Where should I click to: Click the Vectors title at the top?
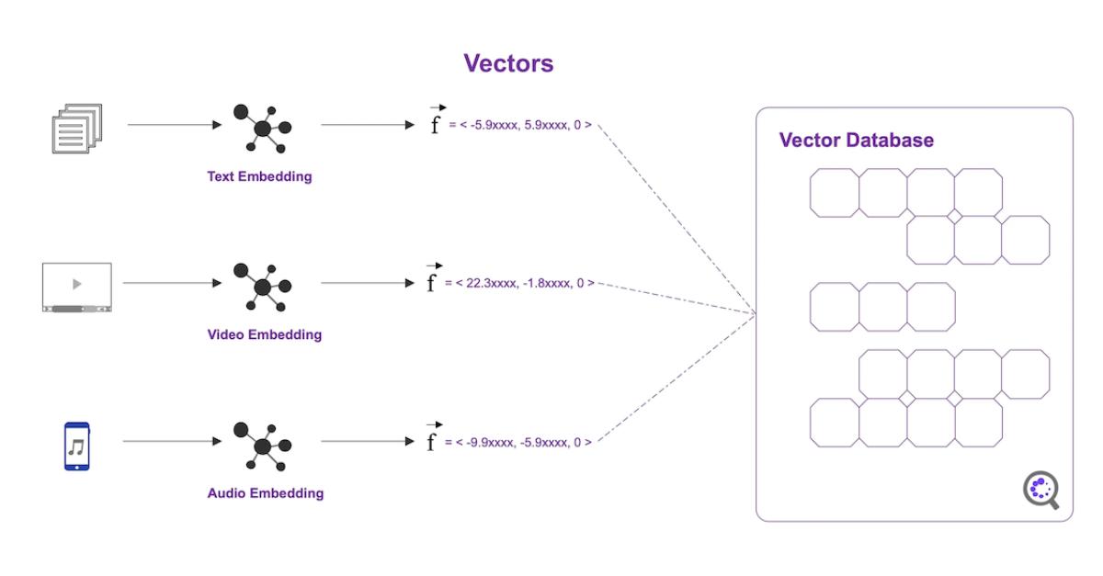point(508,62)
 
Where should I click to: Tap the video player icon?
point(76,287)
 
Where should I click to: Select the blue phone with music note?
point(76,446)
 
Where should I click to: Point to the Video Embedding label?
point(265,334)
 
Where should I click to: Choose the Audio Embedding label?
point(265,493)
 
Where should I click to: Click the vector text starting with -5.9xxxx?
point(519,125)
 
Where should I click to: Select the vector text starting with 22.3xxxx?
point(520,283)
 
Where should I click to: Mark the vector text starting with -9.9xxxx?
point(519,442)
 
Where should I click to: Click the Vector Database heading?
point(856,141)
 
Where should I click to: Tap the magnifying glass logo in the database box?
point(1041,491)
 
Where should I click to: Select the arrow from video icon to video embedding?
point(170,283)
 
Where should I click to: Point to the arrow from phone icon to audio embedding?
point(170,442)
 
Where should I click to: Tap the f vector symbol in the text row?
point(435,121)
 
